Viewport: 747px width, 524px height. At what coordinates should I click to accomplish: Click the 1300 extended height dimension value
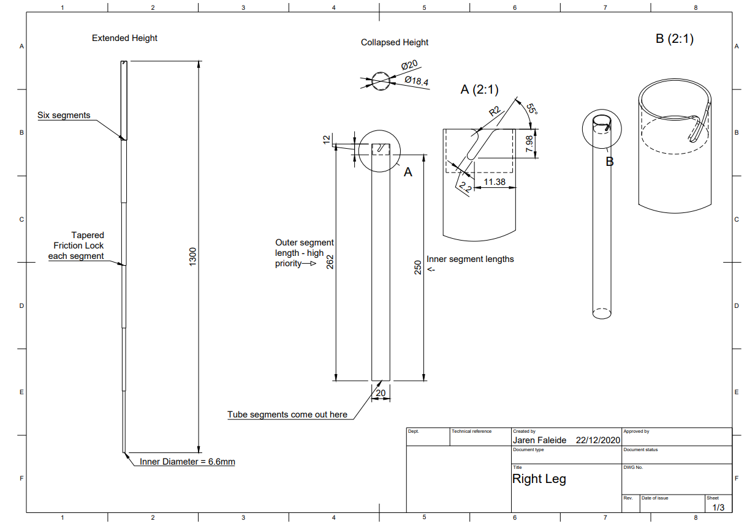click(x=192, y=257)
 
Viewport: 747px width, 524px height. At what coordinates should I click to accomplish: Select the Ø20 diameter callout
click(x=409, y=65)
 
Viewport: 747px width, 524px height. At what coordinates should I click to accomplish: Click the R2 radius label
click(x=495, y=112)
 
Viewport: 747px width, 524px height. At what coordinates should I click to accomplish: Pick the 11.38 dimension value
click(x=495, y=182)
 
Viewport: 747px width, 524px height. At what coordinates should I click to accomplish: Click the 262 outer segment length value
click(x=329, y=263)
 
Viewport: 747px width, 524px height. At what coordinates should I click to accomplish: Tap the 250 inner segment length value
click(x=418, y=268)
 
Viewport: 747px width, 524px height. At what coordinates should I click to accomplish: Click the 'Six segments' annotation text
click(x=64, y=115)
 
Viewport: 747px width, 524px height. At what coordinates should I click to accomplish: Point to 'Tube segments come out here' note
click(x=287, y=414)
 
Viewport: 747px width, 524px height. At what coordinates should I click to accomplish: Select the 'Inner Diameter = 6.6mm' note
click(x=188, y=462)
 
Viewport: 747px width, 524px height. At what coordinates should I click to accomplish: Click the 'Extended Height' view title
click(x=124, y=38)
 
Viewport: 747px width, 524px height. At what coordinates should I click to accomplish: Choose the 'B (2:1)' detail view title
click(x=674, y=39)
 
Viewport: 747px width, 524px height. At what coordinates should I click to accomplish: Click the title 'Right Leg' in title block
click(x=539, y=479)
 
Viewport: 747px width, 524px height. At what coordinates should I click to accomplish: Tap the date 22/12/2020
click(x=598, y=440)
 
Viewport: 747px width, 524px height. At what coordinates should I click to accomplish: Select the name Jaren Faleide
click(x=539, y=440)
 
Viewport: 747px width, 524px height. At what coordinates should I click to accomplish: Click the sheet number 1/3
click(x=718, y=507)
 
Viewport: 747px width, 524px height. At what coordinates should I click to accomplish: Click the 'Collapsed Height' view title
click(x=395, y=42)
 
